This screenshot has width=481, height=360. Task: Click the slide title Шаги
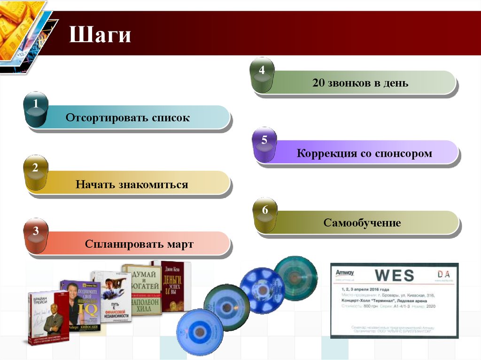(100, 36)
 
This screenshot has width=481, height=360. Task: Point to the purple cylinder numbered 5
(264, 145)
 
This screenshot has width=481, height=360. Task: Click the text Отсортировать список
(128, 118)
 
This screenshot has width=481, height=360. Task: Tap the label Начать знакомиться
(132, 184)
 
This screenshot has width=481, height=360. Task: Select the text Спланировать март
(139, 245)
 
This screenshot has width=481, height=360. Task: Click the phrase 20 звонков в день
(360, 84)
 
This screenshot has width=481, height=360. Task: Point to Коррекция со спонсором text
(364, 153)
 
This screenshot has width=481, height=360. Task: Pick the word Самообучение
(362, 222)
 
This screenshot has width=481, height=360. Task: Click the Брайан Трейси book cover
(48, 318)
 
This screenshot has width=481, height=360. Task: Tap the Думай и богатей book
(142, 290)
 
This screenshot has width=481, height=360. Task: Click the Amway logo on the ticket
(345, 273)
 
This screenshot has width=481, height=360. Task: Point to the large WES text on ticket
(394, 275)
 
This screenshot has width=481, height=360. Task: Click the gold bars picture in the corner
(19, 28)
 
